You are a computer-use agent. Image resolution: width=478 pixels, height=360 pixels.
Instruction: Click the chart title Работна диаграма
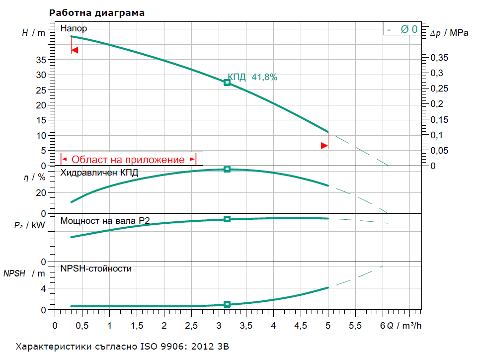(x=97, y=13)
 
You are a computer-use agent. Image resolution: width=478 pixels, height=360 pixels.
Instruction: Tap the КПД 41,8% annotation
(x=252, y=77)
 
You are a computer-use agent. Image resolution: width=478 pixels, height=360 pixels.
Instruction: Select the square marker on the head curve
(x=227, y=83)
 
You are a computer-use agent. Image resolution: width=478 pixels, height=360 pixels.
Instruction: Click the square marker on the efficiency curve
(x=227, y=169)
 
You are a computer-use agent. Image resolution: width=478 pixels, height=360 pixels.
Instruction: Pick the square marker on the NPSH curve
(x=227, y=304)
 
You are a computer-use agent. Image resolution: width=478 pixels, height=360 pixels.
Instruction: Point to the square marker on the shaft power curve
(x=227, y=219)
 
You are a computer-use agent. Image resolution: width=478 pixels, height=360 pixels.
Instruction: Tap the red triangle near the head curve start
(x=75, y=50)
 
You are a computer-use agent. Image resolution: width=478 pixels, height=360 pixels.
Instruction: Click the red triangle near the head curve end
(x=324, y=146)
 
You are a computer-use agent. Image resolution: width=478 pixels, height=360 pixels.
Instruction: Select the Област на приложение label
(x=128, y=160)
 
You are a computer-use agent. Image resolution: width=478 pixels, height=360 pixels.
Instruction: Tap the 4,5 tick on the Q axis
(x=300, y=326)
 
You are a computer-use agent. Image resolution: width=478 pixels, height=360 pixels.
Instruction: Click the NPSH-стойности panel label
(x=96, y=269)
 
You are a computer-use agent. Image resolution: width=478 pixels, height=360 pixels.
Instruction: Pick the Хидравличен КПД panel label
(x=99, y=173)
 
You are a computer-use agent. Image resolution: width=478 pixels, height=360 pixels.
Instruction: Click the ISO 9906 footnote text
(x=123, y=346)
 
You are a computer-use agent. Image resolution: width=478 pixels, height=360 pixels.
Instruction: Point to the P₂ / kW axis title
(x=29, y=225)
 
